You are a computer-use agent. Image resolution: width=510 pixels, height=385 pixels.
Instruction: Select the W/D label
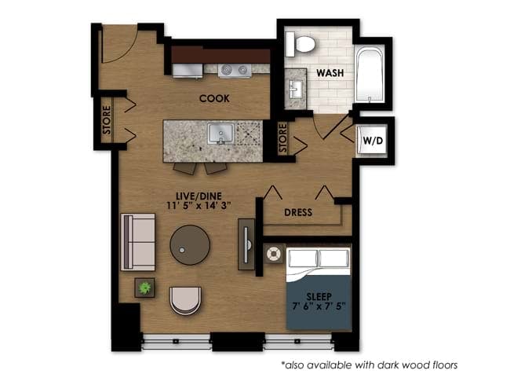pos(373,141)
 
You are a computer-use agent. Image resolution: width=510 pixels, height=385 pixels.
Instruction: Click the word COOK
pos(213,98)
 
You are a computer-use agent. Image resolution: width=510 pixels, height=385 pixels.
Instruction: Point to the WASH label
pos(331,73)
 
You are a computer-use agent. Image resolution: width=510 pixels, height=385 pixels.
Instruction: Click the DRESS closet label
pos(297,212)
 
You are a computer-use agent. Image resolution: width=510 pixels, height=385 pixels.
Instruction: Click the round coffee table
pos(191,247)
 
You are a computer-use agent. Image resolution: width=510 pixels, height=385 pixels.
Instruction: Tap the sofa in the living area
pos(138,241)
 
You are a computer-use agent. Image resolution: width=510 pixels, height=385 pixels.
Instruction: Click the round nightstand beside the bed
pos(272,255)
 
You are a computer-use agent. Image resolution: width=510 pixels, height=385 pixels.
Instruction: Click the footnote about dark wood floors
pos(369,365)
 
